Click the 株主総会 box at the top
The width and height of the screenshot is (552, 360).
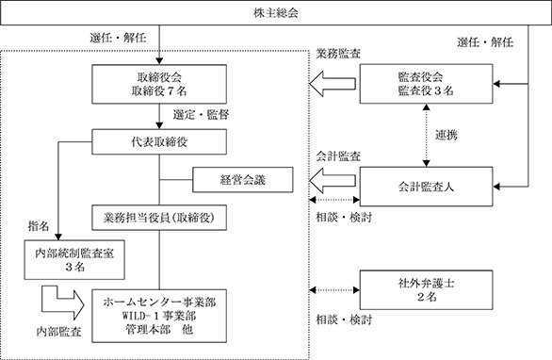coord(276,13)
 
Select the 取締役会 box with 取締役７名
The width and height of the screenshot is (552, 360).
coord(159,84)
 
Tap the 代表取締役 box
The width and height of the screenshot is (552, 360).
coord(159,142)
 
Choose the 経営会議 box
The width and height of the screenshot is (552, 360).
coord(242,180)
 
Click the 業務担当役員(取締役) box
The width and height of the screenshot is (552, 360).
coord(159,218)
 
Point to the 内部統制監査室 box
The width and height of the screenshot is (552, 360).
coord(74,260)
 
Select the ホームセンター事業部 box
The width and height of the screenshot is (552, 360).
coord(159,316)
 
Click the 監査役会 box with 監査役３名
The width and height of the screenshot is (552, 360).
coord(426,84)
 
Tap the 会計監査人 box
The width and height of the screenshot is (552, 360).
coord(426,187)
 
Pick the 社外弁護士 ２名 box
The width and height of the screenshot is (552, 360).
coord(426,290)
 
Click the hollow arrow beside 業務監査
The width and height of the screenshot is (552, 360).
coord(333,84)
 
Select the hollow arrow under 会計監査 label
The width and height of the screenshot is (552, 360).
coord(333,180)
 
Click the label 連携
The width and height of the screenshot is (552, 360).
coord(446,135)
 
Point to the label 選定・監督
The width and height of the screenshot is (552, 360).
coord(201,115)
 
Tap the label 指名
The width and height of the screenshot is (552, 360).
coord(39,226)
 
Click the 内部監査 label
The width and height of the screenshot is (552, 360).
coord(58,332)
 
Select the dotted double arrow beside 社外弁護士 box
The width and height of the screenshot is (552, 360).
coord(334,290)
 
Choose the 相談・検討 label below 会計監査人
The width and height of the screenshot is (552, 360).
coord(344,218)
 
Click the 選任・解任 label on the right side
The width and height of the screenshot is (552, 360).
coord(485,42)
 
